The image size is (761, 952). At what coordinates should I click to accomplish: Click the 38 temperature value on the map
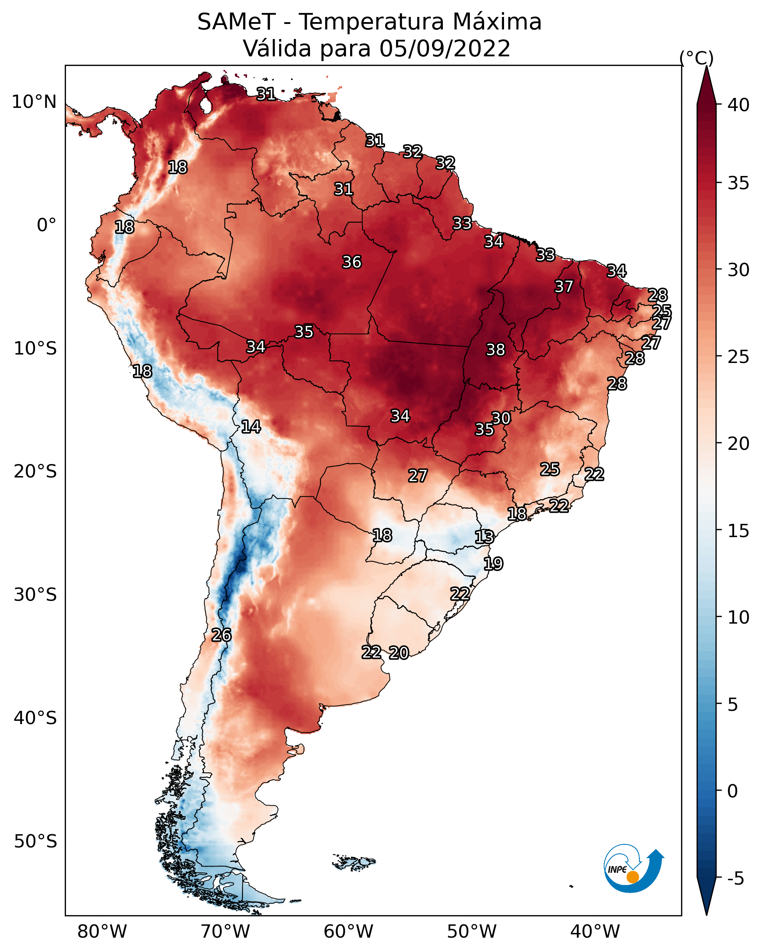pos(495,350)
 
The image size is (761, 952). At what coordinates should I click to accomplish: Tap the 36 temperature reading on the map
pos(352,262)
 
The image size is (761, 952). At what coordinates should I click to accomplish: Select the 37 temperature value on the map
pos(564,286)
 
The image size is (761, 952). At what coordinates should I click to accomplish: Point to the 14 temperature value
pos(251,427)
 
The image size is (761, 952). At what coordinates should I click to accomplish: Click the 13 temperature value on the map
pos(484,537)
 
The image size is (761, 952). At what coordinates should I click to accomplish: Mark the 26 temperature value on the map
pos(221,635)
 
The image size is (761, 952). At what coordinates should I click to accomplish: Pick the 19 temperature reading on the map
pos(493,564)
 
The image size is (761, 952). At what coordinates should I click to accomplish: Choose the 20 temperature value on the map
pos(399,653)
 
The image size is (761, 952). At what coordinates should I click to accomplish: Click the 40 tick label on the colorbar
pos(739,105)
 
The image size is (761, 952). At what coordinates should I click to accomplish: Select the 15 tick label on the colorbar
pos(739,531)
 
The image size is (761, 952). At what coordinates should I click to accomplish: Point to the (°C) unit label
pos(696,58)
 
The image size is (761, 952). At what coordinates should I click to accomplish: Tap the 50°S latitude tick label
pos(35,842)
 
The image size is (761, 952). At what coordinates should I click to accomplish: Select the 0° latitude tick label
pos(47,225)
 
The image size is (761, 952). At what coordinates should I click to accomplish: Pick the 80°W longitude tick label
pos(102,932)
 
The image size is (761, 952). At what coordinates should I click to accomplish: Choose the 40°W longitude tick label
pos(595,932)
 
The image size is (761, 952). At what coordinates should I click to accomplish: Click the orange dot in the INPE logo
pos(633,877)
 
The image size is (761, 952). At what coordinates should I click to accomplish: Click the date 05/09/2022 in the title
pos(445,49)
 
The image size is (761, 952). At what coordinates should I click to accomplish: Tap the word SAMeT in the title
pos(236,22)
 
